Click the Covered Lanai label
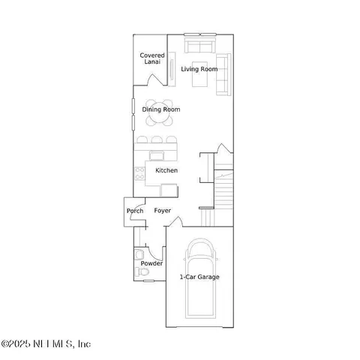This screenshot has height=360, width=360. coord(153,58)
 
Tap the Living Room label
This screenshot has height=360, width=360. coord(199,69)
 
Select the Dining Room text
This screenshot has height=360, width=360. coord(161,109)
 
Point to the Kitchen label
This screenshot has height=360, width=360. coord(166,171)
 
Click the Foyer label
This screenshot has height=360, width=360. coord(163,211)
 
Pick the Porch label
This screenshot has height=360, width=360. coord(135,211)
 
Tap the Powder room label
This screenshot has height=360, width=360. coord(151,263)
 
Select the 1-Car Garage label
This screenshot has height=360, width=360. coord(199,277)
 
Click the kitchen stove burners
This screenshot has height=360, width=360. coord(139,175)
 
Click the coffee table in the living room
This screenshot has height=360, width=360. coord(199,82)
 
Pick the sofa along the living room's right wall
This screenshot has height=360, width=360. coord(223,75)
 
